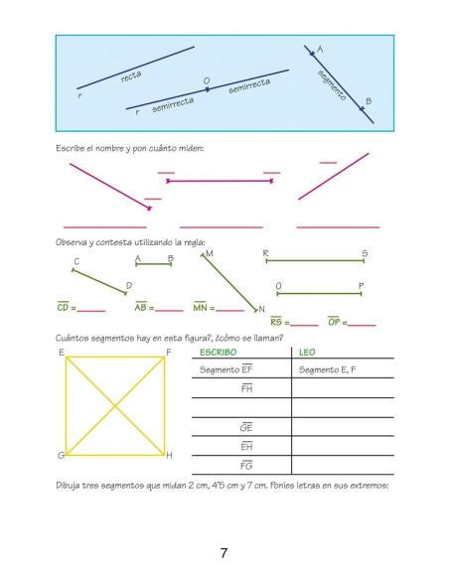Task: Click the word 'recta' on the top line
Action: click(131, 75)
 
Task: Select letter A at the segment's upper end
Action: click(319, 49)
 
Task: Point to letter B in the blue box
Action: click(369, 101)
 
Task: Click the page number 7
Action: click(224, 554)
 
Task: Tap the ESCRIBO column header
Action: click(218, 352)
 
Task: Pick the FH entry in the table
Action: click(245, 387)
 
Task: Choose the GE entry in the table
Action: click(245, 427)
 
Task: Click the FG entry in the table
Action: click(245, 465)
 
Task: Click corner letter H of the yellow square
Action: click(170, 456)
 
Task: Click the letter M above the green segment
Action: click(209, 254)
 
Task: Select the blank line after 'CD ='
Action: click(90, 310)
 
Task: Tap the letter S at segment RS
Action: click(364, 254)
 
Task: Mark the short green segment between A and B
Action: click(153, 265)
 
